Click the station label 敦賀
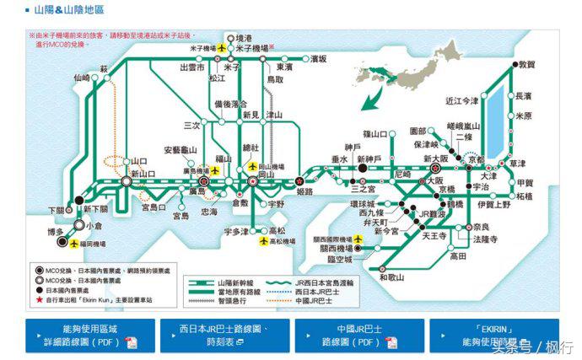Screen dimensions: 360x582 [x=527, y=65]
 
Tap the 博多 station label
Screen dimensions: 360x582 [x=57, y=229]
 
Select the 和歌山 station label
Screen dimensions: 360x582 [x=392, y=277]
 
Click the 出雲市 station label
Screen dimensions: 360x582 [x=193, y=67]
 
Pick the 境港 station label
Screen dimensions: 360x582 [x=243, y=38]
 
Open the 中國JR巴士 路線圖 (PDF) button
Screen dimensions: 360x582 [x=358, y=336]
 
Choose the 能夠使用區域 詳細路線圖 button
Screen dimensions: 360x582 [x=88, y=336]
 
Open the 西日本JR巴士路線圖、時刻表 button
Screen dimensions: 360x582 [x=223, y=336]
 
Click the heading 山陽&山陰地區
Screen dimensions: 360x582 [x=69, y=9]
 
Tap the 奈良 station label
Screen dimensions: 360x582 [x=480, y=227]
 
